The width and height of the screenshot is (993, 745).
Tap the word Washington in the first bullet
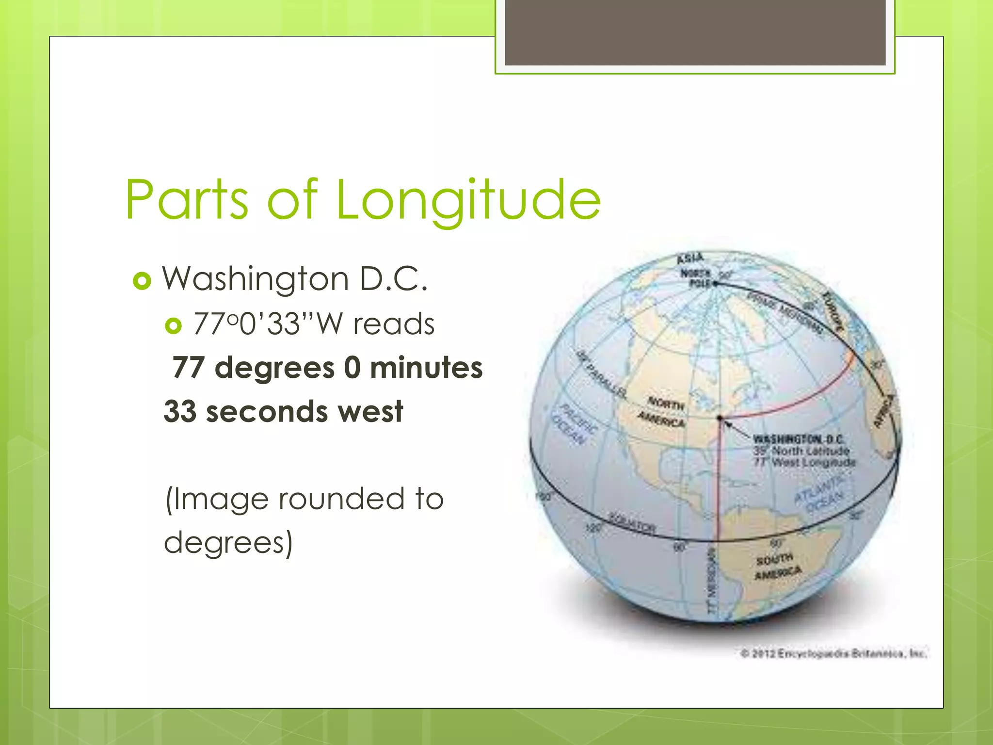(x=255, y=279)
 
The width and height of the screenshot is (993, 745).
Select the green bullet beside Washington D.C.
(x=142, y=281)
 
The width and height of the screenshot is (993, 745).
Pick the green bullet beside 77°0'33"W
(x=173, y=325)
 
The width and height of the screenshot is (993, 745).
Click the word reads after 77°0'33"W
(x=393, y=324)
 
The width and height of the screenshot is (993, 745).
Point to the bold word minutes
(x=426, y=367)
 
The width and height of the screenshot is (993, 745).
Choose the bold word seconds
(x=267, y=411)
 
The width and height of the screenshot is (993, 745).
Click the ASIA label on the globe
(x=690, y=258)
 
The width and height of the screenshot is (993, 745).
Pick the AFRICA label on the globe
(x=884, y=411)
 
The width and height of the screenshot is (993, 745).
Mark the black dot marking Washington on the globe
(x=720, y=417)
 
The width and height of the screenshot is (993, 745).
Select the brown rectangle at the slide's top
(x=695, y=32)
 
